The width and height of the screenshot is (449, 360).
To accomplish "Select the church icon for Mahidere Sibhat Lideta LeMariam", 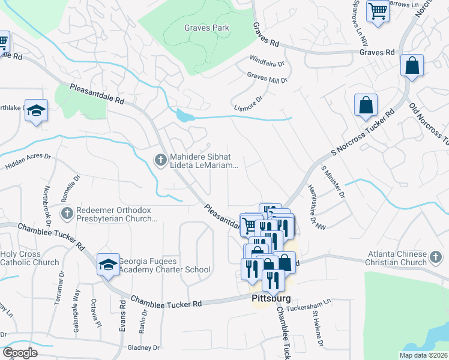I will click(160, 159).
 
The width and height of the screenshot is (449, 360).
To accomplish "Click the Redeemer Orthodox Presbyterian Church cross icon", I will click(67, 212).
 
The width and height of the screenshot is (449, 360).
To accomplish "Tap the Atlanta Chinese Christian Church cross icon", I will click(436, 257).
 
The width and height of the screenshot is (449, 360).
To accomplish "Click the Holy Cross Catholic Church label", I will click(29, 258).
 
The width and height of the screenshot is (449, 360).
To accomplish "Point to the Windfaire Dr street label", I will click(267, 61).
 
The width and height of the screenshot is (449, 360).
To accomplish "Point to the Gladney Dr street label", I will click(143, 347).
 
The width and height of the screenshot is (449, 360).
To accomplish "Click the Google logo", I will click(20, 353).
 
